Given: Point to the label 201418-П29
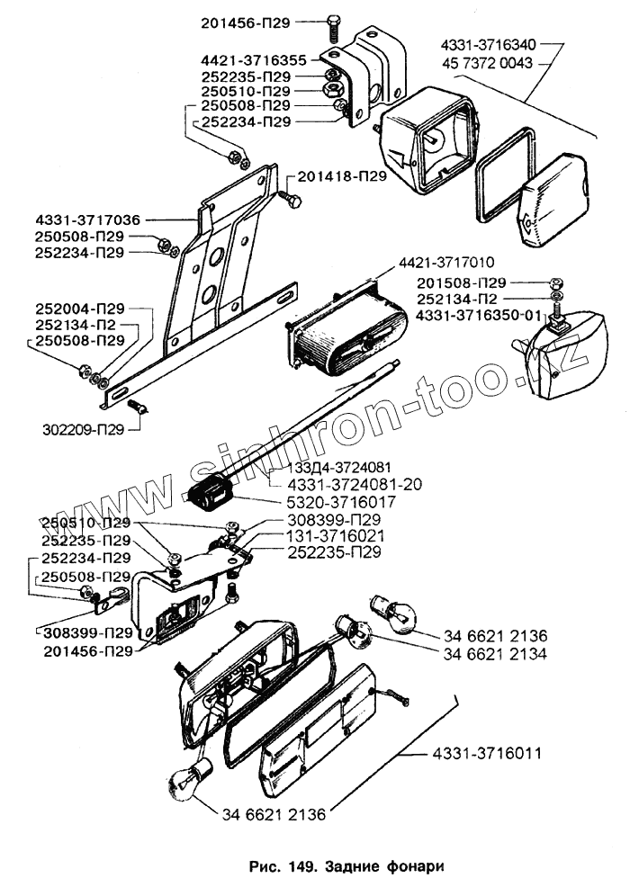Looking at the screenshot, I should click(341, 176).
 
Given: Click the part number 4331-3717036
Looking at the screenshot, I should click(88, 219).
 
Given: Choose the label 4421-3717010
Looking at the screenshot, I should click(444, 263).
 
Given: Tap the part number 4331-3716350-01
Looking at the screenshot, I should click(480, 315).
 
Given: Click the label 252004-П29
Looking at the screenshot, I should click(80, 307).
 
